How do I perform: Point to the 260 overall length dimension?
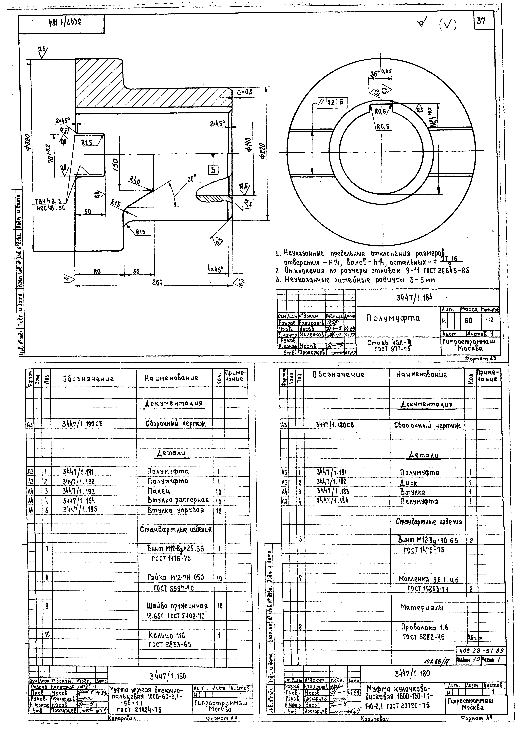157,282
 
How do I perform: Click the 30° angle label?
192,178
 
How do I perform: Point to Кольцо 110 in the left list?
166,635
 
